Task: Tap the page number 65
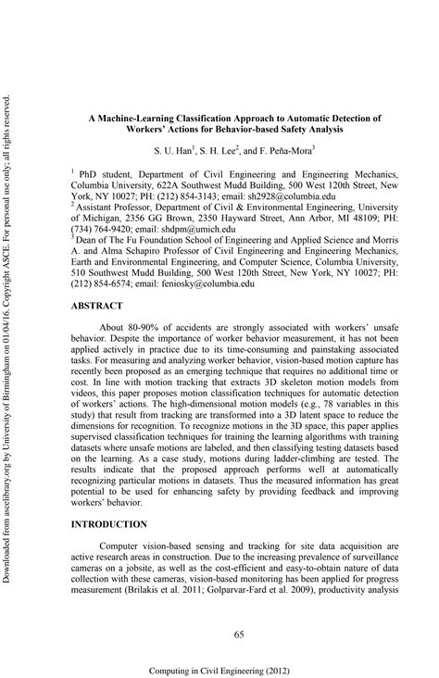click(x=239, y=607)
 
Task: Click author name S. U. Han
click(x=173, y=149)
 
